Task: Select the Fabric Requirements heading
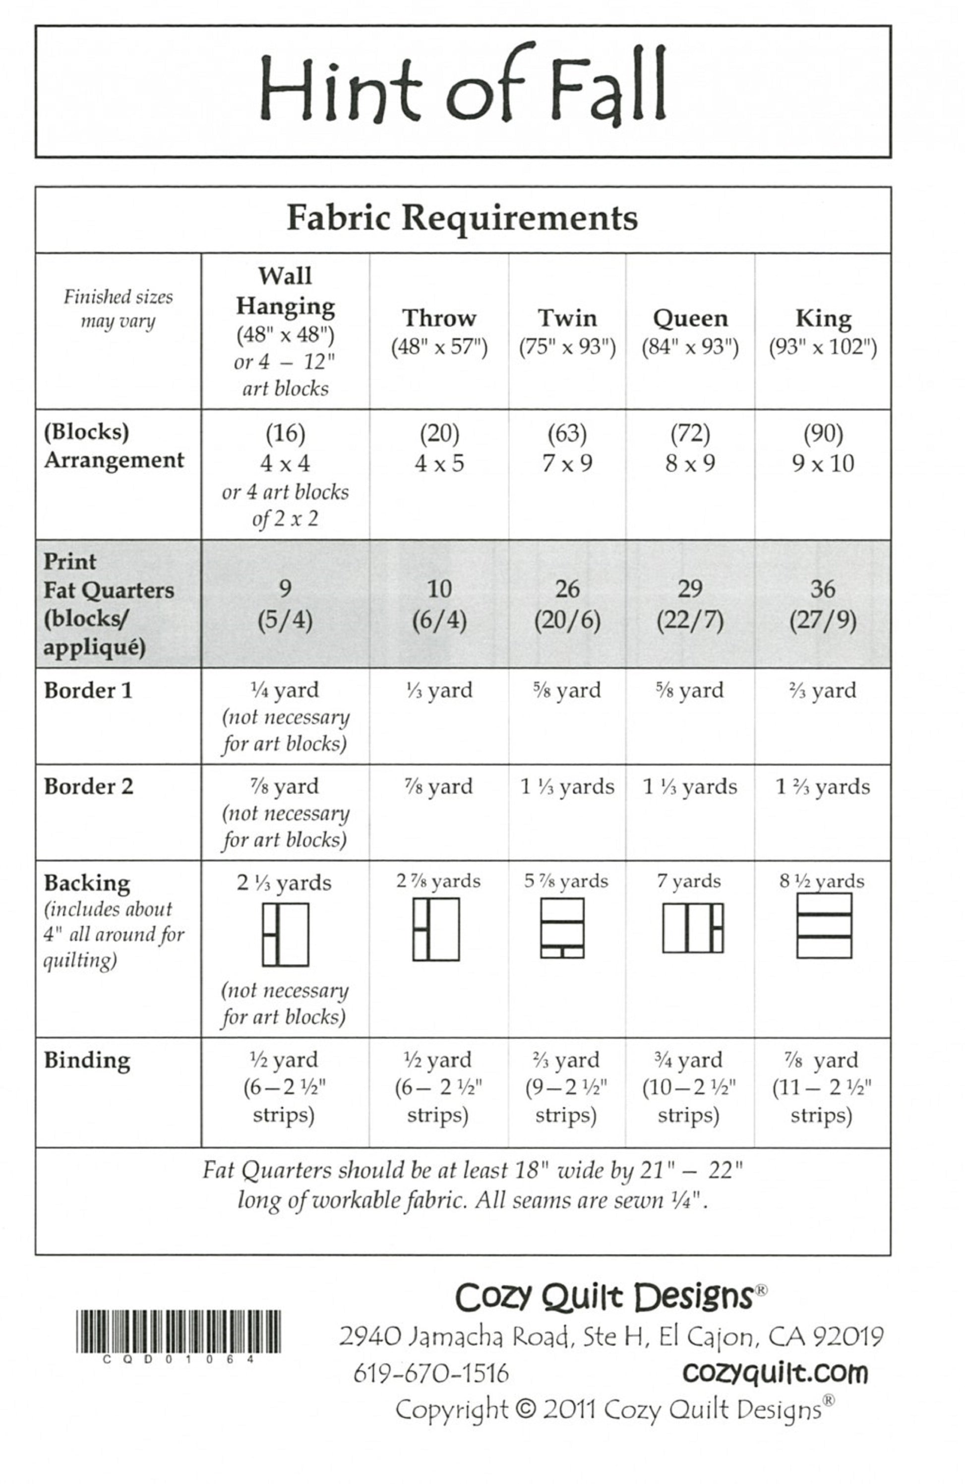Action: (462, 218)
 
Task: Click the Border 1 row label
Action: (88, 691)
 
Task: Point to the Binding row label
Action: (87, 1060)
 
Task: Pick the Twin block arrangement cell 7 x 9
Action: (567, 463)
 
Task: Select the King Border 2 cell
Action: (822, 787)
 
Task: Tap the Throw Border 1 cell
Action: (439, 691)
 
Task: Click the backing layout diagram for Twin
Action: (562, 928)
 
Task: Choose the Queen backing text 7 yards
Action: (689, 881)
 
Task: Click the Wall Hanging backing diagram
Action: (285, 934)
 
